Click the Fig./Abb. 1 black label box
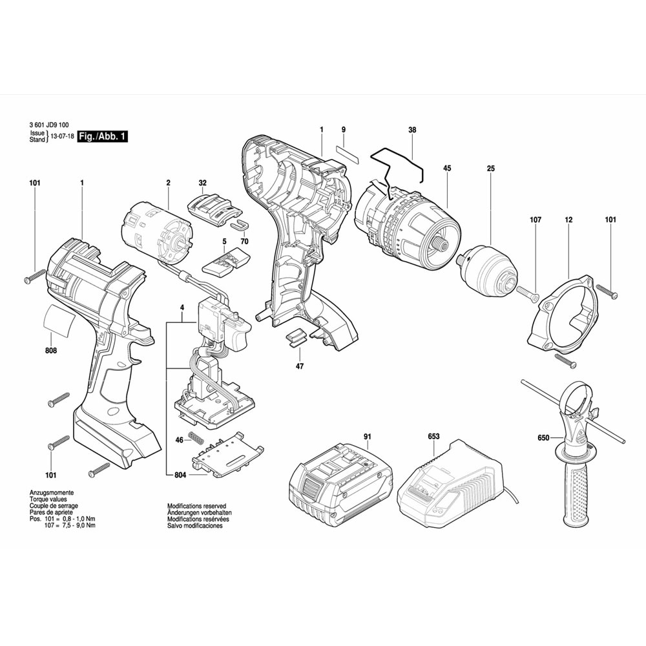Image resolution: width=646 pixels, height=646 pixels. [x=102, y=136]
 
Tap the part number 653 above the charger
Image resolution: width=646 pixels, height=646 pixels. [x=433, y=437]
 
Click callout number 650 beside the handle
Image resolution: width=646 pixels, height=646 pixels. [x=543, y=438]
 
